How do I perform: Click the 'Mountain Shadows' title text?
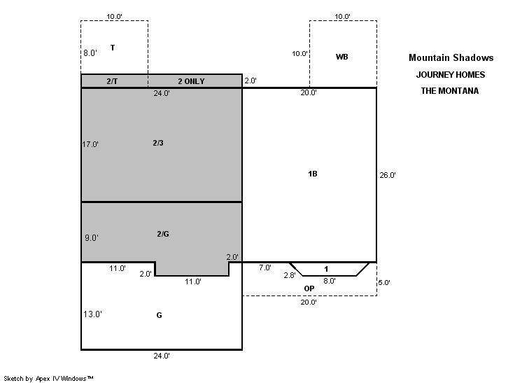[451, 57]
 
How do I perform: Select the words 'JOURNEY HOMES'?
[451, 75]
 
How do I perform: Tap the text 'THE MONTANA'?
[450, 90]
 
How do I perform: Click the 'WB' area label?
[342, 57]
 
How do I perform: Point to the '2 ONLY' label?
[192, 81]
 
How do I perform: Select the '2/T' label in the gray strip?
[112, 81]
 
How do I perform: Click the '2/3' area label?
[158, 143]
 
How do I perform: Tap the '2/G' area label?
[163, 234]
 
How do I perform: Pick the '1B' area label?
[313, 174]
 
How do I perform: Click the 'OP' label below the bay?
[309, 288]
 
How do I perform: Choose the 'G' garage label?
[159, 315]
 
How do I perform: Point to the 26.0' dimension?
[388, 175]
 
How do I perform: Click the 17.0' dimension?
[90, 144]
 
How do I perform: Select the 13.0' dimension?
[92, 314]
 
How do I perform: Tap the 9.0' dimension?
[92, 238]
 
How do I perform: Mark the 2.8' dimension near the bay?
[290, 275]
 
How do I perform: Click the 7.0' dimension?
[265, 267]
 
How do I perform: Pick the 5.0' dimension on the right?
[384, 282]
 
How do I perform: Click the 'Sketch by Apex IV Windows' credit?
[48, 378]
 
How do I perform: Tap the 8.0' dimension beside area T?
[90, 53]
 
